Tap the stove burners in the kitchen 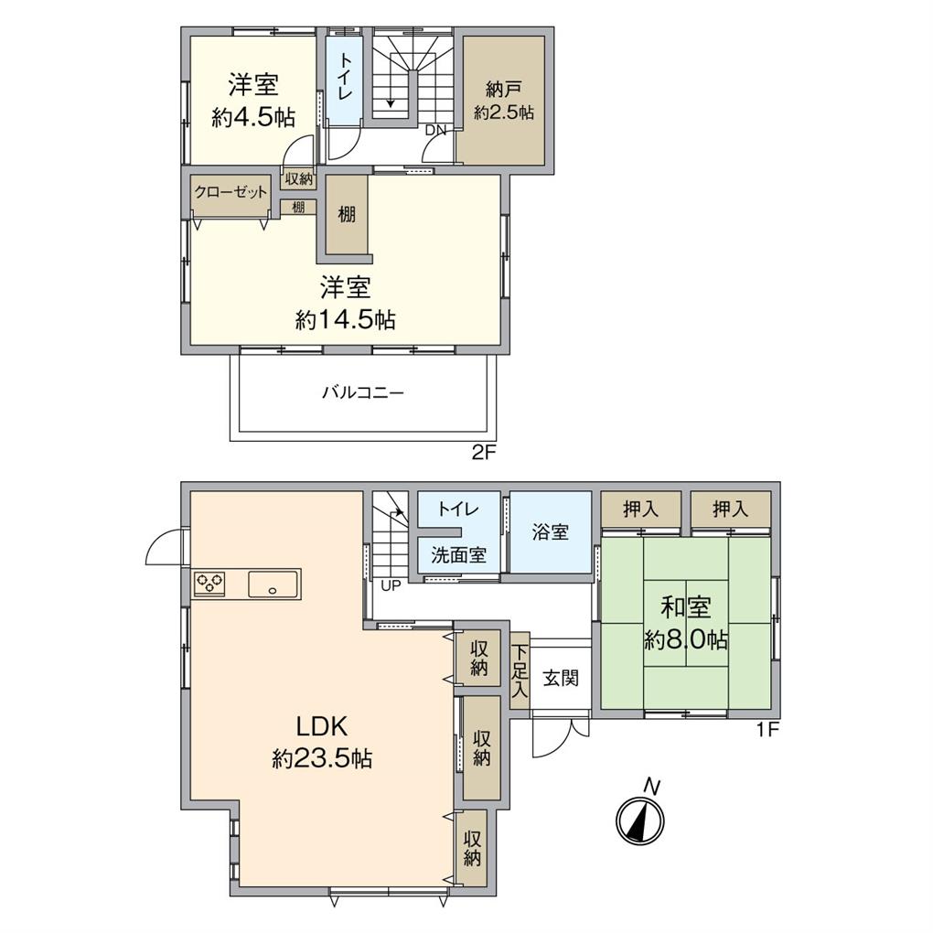tap(210, 583)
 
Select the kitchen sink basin tap(273, 584)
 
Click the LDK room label tap(322, 726)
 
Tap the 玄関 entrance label tap(561, 678)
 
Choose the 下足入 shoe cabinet tap(520, 670)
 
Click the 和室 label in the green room tap(685, 607)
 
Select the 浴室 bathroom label tap(551, 531)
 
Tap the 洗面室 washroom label tap(459, 555)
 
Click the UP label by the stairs tap(391, 586)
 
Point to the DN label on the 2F tap(435, 130)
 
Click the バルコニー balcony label tap(363, 392)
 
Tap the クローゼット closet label tap(231, 192)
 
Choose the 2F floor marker tap(484, 453)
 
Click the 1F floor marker tap(767, 730)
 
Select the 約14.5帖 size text tap(346, 320)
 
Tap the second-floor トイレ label tap(345, 77)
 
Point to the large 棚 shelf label tap(347, 214)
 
